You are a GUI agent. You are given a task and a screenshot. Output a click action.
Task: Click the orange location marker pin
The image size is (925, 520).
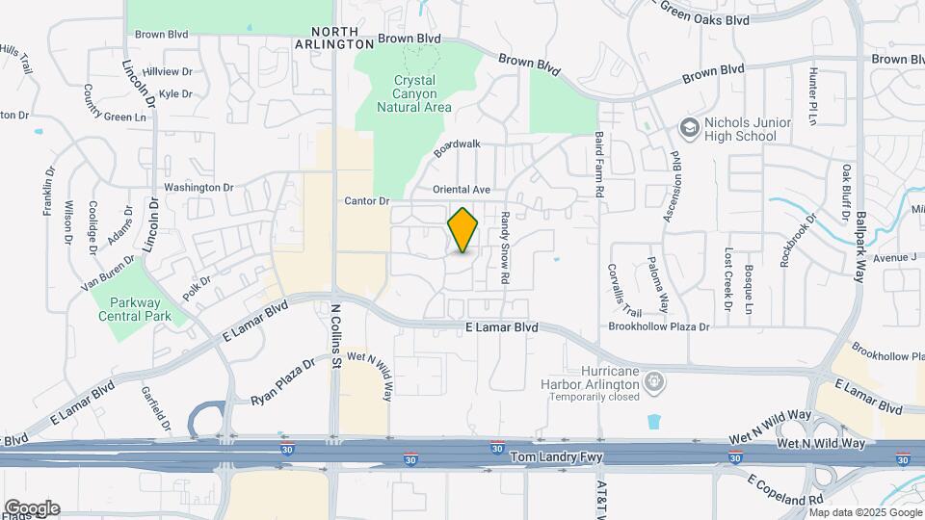click(x=463, y=229)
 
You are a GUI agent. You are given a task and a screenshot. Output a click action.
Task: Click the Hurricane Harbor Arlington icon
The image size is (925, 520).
click(x=654, y=383)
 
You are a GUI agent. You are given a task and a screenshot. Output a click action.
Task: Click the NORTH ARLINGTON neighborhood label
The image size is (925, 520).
click(x=333, y=38)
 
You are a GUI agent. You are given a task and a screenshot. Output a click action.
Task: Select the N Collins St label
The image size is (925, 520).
click(x=336, y=337)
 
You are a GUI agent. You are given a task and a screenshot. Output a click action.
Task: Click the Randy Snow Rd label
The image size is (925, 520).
click(x=504, y=248)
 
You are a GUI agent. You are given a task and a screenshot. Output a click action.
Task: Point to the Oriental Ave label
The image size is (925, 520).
click(x=462, y=190)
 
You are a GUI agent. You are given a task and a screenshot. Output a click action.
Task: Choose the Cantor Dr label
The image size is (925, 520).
click(x=366, y=201)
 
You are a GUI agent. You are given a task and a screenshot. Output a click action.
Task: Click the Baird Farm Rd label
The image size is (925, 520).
click(x=598, y=166)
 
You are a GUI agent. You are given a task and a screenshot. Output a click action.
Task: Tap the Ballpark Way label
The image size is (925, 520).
click(x=859, y=246)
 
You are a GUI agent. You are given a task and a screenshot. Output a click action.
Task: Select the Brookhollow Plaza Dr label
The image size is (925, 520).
click(x=658, y=326)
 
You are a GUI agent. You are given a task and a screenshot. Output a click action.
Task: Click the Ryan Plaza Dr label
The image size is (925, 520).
click(x=283, y=381)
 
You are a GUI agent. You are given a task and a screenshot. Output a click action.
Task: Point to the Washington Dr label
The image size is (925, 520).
click(x=199, y=187)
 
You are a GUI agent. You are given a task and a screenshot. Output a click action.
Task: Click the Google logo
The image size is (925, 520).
click(x=31, y=508)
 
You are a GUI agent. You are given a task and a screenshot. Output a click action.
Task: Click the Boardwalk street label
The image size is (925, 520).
click(x=456, y=147)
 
